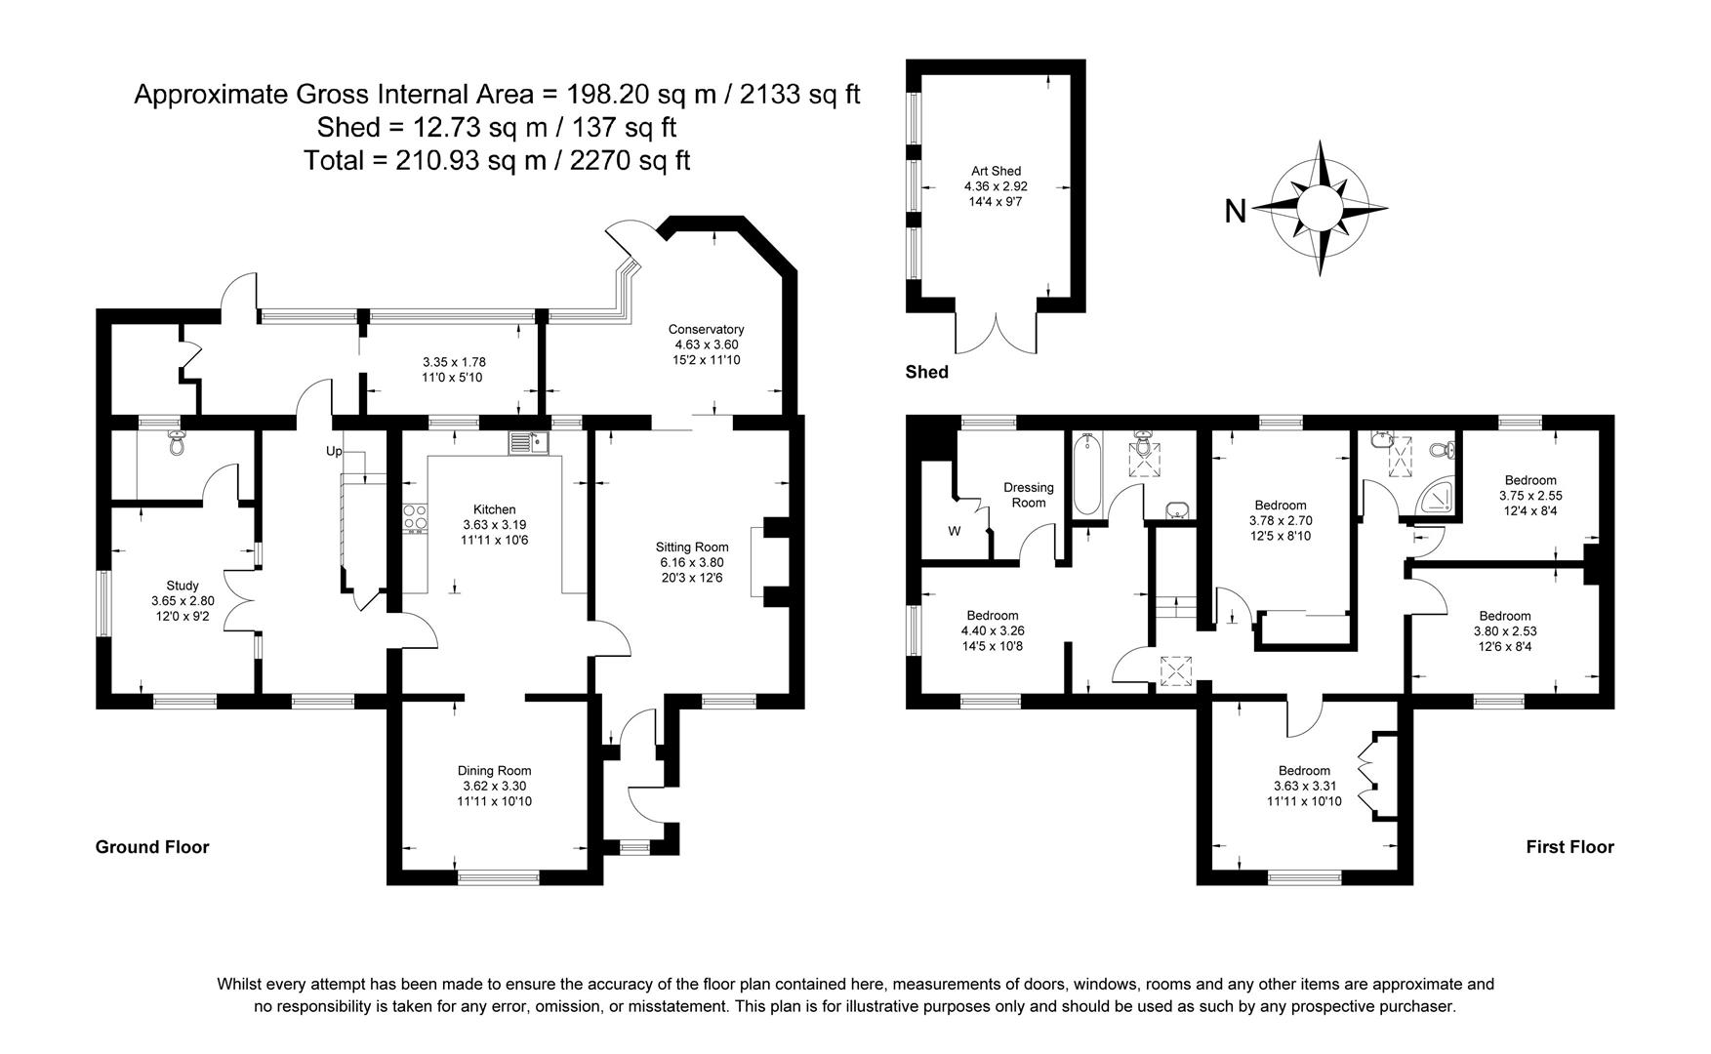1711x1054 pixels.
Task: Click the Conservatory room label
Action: (x=706, y=330)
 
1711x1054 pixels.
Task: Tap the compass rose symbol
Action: (x=1320, y=208)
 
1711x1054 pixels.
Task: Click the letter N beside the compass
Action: (x=1236, y=211)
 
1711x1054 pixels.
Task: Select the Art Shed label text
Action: (x=996, y=172)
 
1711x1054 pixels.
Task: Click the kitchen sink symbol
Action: (x=529, y=444)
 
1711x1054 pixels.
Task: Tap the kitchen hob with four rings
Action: (x=415, y=517)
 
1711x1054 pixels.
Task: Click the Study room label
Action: (x=182, y=587)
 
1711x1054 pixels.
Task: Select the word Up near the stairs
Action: (x=334, y=452)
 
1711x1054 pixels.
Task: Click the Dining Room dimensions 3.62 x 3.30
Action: (x=494, y=786)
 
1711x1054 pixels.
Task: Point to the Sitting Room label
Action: (x=692, y=547)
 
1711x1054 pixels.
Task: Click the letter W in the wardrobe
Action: (x=954, y=532)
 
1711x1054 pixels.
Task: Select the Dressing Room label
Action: (x=1029, y=495)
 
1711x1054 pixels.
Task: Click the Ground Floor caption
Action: (x=152, y=847)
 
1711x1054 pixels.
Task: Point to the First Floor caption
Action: (x=1569, y=847)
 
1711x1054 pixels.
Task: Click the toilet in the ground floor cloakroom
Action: (x=177, y=444)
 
